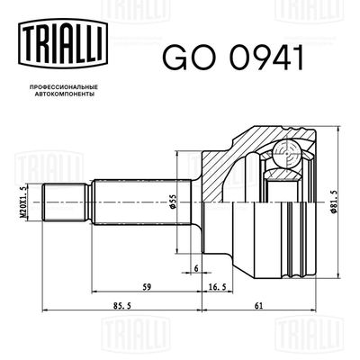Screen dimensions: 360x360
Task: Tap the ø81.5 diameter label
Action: tap(336, 200)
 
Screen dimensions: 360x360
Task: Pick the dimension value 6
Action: tap(195, 269)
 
